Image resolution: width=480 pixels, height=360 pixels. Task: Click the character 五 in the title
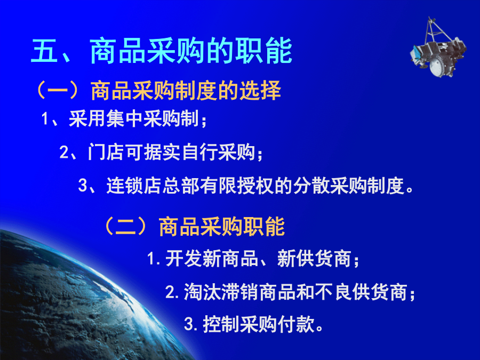[x=45, y=51]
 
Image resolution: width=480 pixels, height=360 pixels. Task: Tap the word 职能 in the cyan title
[x=263, y=51]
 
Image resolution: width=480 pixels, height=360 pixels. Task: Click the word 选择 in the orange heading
[x=260, y=91]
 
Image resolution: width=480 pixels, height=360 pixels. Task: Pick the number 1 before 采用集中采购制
[x=45, y=119]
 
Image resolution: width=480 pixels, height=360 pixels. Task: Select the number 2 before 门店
[x=64, y=152]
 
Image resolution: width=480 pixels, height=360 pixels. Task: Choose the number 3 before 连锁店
[x=83, y=186]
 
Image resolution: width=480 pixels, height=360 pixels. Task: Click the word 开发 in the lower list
[x=183, y=259]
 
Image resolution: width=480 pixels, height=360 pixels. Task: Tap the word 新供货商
[x=314, y=259]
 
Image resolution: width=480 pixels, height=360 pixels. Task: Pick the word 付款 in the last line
[x=296, y=324]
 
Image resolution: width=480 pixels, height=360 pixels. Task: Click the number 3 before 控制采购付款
[x=189, y=324]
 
